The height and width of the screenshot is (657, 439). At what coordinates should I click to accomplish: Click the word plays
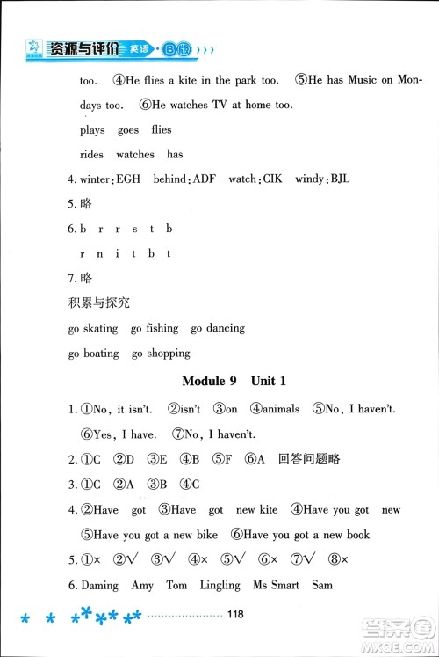pyautogui.click(x=91, y=130)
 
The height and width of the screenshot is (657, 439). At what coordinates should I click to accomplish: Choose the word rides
pyautogui.click(x=91, y=155)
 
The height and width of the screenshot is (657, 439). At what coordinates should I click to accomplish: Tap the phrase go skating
pyautogui.click(x=92, y=329)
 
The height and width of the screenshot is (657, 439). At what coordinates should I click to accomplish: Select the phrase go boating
pyautogui.click(x=92, y=354)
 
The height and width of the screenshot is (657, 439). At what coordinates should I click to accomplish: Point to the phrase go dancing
pyautogui.click(x=218, y=329)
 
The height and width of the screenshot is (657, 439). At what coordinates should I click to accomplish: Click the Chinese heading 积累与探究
pyautogui.click(x=98, y=303)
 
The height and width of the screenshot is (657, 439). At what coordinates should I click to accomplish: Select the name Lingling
pyautogui.click(x=219, y=585)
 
